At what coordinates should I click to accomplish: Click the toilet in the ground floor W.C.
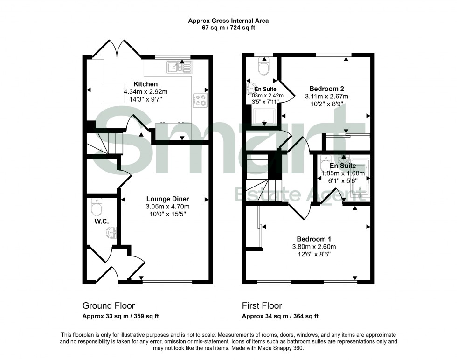[97, 205]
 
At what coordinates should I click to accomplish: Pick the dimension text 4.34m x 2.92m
[145, 92]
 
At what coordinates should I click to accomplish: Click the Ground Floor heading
[109, 306]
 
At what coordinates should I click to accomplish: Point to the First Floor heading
[262, 306]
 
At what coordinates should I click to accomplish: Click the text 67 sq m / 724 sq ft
[228, 28]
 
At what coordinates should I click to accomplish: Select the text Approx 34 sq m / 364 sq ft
[280, 316]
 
